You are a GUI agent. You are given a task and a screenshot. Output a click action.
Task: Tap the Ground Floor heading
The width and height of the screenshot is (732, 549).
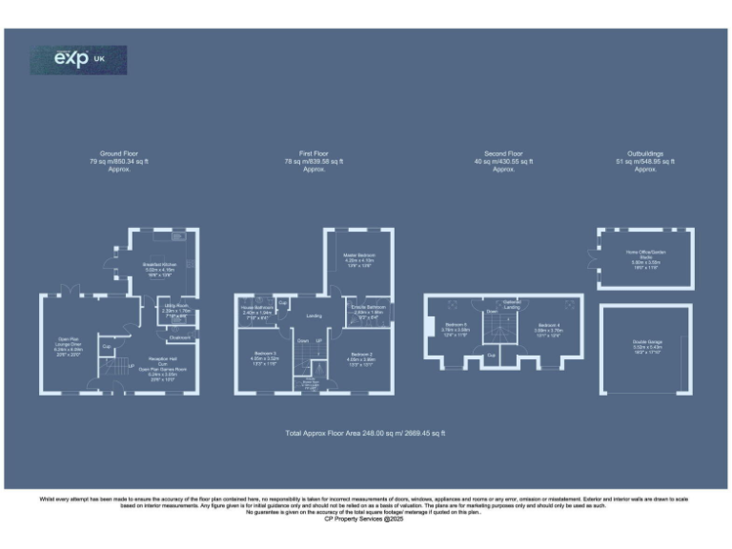118,153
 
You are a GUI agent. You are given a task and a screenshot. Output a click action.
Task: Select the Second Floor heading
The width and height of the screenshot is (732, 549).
503,153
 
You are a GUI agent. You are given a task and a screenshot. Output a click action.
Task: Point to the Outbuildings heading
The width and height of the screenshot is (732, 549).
645,153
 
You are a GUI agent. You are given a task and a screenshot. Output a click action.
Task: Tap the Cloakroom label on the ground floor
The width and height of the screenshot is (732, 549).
181,336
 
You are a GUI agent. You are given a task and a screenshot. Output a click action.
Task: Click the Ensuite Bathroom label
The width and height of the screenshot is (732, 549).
369,309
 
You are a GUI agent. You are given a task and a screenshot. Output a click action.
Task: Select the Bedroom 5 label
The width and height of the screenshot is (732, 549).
454,327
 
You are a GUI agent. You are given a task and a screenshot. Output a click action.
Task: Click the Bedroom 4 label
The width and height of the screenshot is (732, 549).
548,327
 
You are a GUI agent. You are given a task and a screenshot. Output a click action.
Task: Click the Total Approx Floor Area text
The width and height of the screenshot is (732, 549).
366,434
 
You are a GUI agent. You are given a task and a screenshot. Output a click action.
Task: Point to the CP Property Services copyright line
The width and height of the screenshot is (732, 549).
366,520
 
